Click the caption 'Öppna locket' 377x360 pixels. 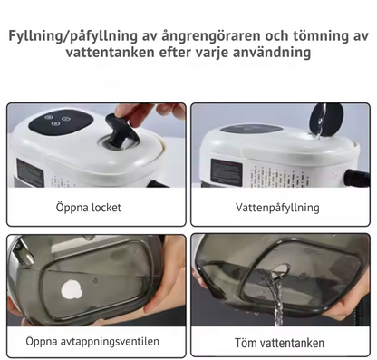[x=88, y=208]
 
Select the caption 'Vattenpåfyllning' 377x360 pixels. [x=277, y=208]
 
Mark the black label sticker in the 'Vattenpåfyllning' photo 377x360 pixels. [x=226, y=171]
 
